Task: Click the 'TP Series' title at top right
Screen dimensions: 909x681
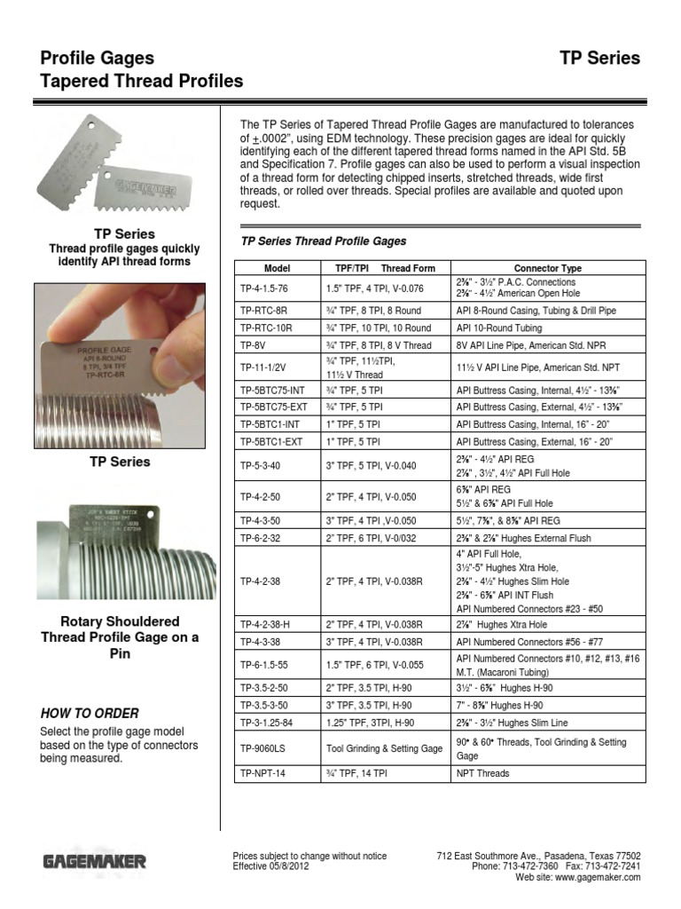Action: point(599,59)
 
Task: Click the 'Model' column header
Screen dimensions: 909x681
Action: point(278,268)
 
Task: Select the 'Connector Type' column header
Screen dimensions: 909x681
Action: point(547,268)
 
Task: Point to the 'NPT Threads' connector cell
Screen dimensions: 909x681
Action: point(482,773)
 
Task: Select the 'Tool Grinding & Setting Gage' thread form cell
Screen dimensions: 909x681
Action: point(384,748)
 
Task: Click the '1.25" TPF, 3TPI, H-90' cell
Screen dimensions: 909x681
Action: point(372,723)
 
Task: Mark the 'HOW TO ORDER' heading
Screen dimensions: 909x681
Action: point(90,713)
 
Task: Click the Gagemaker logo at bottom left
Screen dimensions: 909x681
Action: point(95,861)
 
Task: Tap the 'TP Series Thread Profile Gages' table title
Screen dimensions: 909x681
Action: point(324,241)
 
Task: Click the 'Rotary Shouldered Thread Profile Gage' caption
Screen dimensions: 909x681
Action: point(120,637)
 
